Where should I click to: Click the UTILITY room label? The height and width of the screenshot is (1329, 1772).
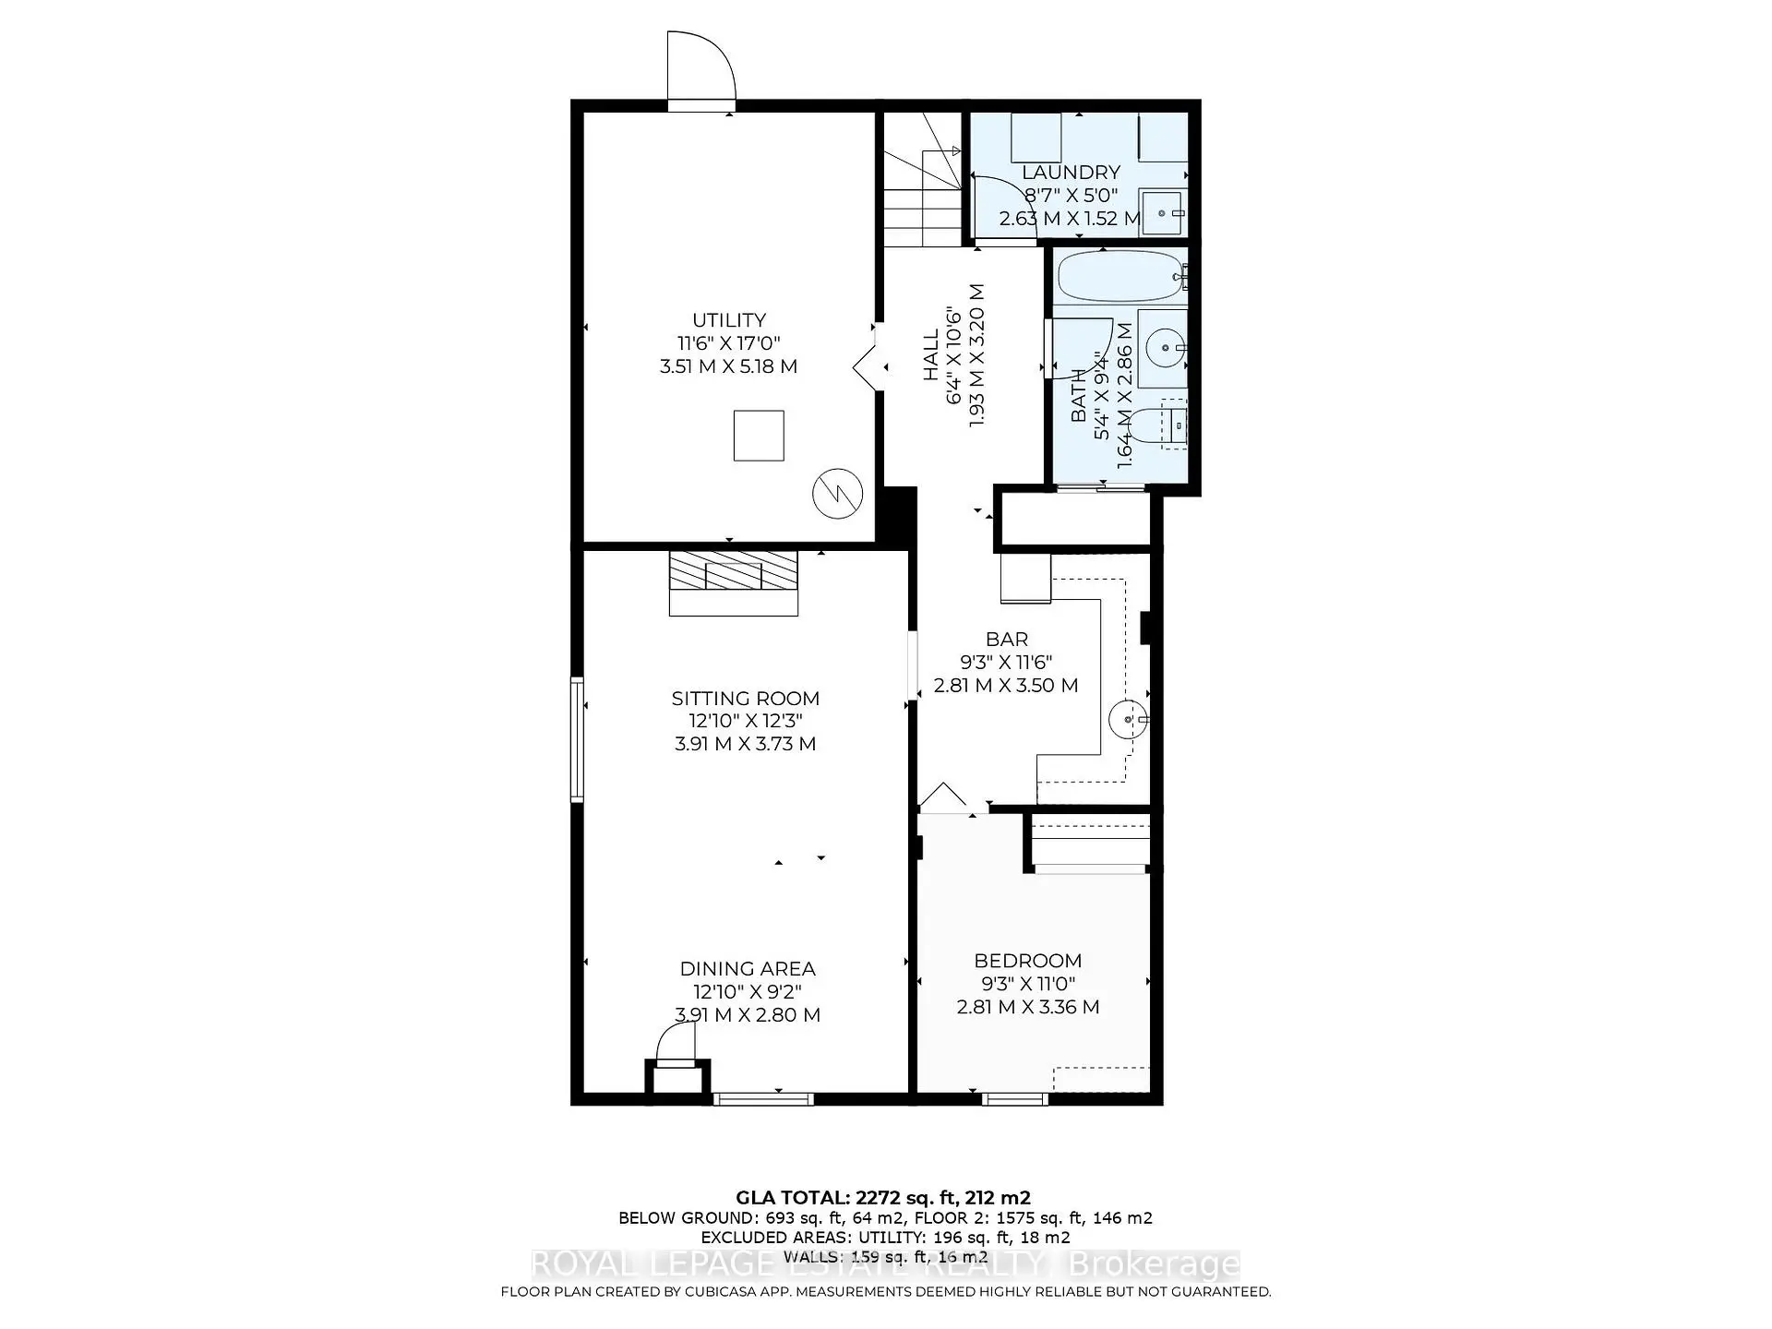tap(729, 320)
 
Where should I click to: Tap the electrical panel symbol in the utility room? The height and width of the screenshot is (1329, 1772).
tap(837, 494)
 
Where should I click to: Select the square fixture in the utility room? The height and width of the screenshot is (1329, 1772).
tap(759, 436)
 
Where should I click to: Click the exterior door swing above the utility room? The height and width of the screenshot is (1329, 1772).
tap(701, 66)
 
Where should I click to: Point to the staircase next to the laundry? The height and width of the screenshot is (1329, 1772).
tap(923, 185)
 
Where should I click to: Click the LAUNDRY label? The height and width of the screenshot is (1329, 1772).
tap(1071, 173)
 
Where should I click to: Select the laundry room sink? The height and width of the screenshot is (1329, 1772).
tap(1163, 213)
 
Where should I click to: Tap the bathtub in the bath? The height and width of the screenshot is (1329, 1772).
tap(1119, 275)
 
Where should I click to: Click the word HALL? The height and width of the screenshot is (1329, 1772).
tap(931, 354)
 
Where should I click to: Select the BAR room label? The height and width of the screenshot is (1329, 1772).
tap(1007, 639)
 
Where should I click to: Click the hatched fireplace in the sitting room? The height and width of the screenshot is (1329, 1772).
tap(734, 571)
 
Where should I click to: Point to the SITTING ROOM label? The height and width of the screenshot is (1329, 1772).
tap(745, 699)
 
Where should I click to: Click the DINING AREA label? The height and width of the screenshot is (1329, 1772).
tap(748, 969)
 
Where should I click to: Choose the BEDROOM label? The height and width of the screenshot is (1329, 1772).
tap(1028, 961)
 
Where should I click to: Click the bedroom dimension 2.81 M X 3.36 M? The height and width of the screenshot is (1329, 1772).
tap(1028, 1007)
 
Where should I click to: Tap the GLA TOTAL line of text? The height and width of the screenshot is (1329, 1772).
tap(883, 1198)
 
